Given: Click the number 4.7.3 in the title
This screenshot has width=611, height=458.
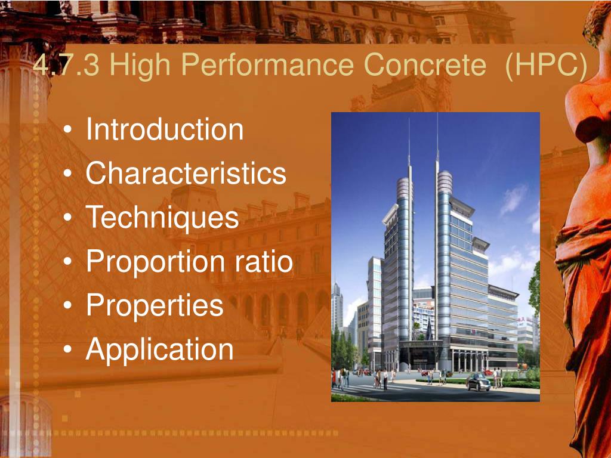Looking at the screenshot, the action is click(x=66, y=64).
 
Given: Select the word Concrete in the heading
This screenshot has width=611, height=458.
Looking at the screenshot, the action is click(x=425, y=64).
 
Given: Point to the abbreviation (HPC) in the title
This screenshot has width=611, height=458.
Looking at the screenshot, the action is click(x=546, y=65).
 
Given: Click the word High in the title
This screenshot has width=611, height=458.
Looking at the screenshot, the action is click(x=140, y=65).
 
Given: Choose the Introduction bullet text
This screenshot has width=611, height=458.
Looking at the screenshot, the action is click(x=165, y=129).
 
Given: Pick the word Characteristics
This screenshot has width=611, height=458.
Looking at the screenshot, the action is click(x=186, y=173).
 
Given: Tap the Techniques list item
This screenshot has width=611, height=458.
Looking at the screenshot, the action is click(x=162, y=217).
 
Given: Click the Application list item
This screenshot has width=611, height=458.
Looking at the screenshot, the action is click(x=159, y=349).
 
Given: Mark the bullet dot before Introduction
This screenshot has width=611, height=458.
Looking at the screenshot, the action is click(x=67, y=129).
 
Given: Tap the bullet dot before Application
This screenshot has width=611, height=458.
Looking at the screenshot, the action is click(x=67, y=349).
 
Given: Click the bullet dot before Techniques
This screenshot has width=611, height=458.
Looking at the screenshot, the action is click(x=67, y=217).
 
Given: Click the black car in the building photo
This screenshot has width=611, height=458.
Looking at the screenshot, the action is click(x=478, y=382).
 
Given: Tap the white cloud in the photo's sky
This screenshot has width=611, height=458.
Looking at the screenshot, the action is click(x=513, y=198).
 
